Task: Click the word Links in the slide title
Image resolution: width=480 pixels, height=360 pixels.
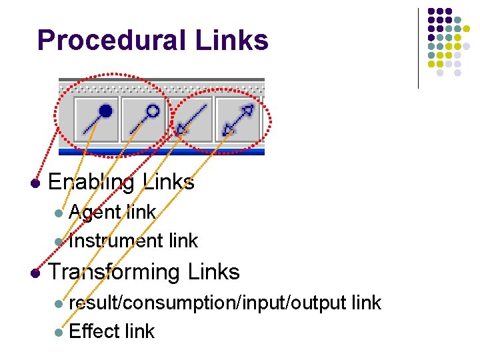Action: click(232, 41)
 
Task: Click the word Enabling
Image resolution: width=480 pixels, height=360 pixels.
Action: click(91, 182)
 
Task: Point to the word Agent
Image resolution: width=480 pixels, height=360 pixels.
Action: click(95, 213)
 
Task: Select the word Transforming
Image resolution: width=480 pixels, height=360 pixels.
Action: click(114, 272)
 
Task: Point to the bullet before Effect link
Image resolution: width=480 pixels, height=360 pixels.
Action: click(59, 332)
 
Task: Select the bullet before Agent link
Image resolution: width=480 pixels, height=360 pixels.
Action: click(59, 213)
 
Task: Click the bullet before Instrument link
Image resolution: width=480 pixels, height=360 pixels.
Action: click(59, 241)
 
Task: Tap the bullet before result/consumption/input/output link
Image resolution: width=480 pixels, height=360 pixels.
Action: click(59, 303)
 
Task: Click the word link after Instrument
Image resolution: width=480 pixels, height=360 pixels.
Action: click(183, 240)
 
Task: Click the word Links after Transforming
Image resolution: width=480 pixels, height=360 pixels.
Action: click(213, 272)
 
